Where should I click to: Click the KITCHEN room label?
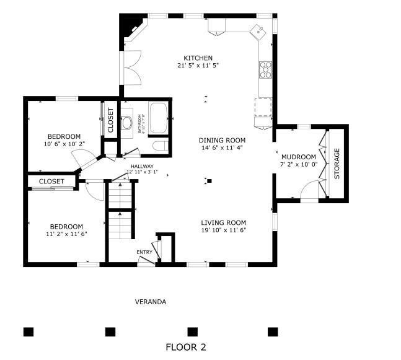pos(198,58)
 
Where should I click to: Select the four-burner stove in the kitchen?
pos(266,69)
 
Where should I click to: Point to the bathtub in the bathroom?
pos(159,118)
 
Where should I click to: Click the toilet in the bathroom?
pos(159,146)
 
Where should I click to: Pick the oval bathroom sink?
pos(128,121)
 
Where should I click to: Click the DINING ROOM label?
pos(222,140)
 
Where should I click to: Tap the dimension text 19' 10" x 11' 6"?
pos(223,230)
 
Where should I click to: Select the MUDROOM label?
pos(299,157)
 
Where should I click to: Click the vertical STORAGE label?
pos(337,164)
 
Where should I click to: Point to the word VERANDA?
pos(151,302)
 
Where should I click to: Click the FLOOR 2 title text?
pos(185,347)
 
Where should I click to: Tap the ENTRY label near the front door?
pos(144,252)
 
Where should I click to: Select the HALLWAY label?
pos(142,165)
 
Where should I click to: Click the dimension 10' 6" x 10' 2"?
pos(64,144)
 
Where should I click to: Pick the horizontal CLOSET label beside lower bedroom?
pos(51,181)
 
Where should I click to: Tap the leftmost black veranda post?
pos(29,331)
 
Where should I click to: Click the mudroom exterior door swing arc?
pos(308,193)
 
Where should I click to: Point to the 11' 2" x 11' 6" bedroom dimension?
pos(66,234)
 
